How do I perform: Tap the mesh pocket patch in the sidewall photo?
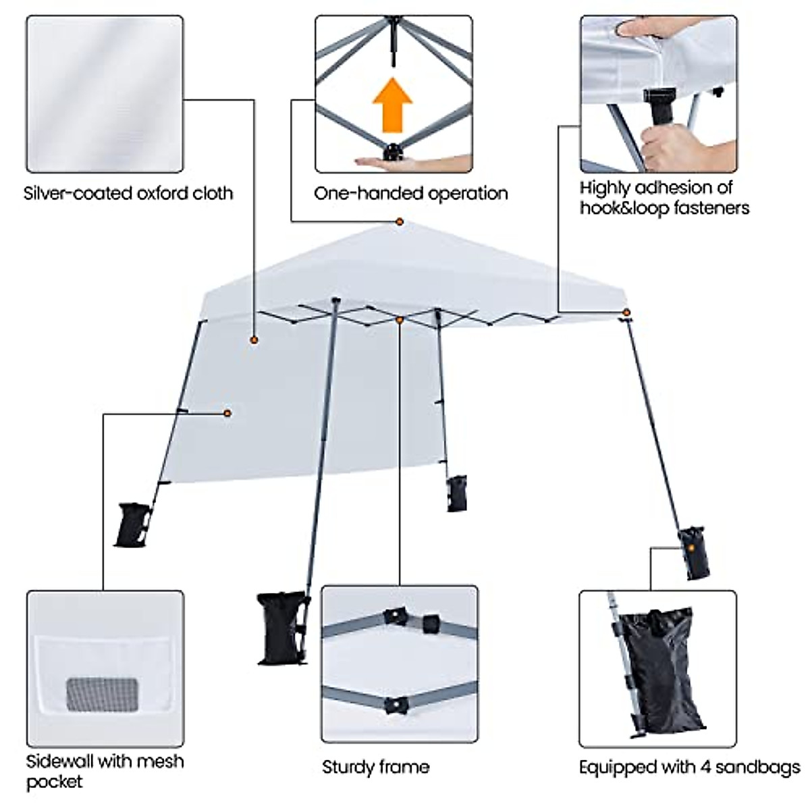point(102,695)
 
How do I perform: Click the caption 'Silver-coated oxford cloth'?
point(128,194)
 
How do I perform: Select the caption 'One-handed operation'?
point(410,194)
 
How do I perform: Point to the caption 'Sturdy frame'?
point(375,767)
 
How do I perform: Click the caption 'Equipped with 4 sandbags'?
point(689,767)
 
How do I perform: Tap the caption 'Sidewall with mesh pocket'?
point(105,771)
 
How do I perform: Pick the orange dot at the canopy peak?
point(400,221)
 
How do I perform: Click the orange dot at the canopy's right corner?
point(626,312)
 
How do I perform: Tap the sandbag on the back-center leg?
point(457,493)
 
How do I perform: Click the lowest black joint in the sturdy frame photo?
point(394,705)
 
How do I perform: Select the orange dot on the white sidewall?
point(227,412)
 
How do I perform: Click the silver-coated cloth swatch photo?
point(105,94)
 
